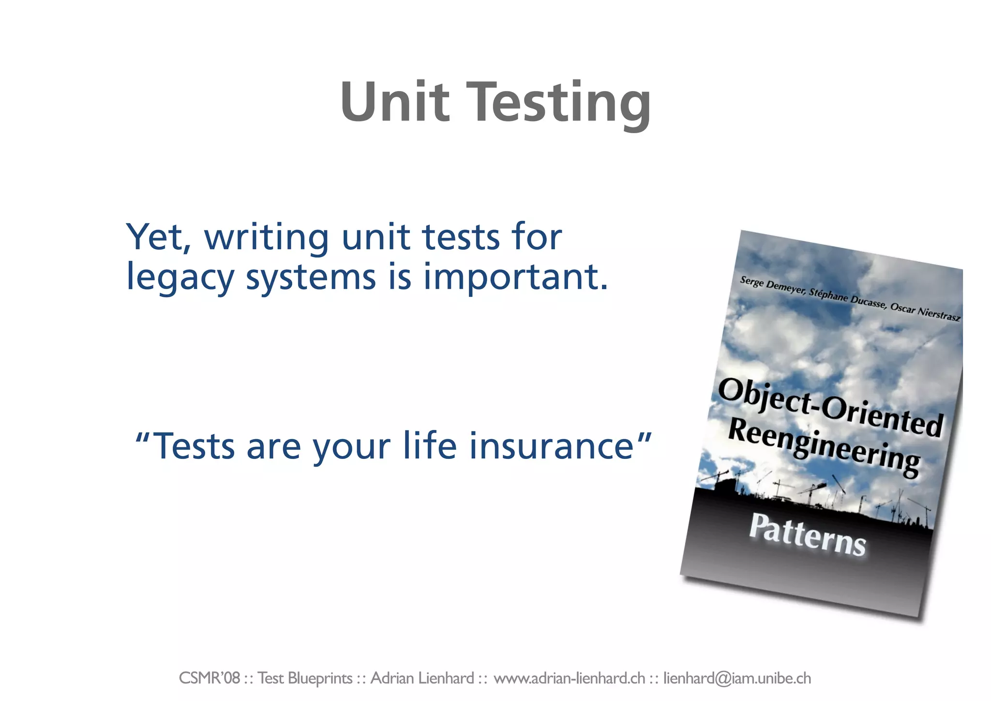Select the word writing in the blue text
(x=267, y=238)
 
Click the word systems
(x=311, y=278)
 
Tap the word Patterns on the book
(x=807, y=535)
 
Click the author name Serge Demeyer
(x=771, y=286)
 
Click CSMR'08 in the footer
(x=209, y=678)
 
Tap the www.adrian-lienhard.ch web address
(x=569, y=678)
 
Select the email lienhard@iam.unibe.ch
(x=736, y=678)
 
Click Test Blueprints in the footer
(x=305, y=678)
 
